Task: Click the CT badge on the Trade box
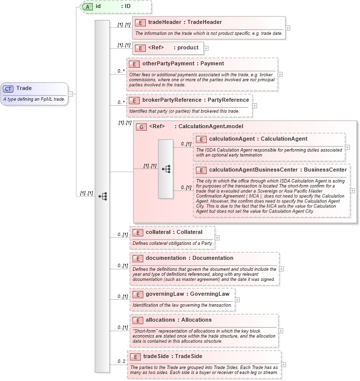tap(8, 89)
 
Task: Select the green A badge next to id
tap(87, 6)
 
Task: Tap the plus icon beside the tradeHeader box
tap(288, 27)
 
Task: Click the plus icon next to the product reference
tap(206, 48)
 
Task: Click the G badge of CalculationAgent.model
tap(142, 127)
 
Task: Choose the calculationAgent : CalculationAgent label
tap(258, 139)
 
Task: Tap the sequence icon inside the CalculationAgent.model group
tap(166, 169)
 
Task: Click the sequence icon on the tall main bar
tap(102, 196)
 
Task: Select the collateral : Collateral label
tap(174, 232)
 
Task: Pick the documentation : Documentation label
tap(189, 258)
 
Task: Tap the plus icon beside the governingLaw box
tap(237, 300)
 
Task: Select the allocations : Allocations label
tap(178, 320)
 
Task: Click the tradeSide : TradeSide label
tap(172, 357)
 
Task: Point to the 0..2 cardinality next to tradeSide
tap(121, 361)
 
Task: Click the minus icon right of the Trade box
tap(71, 93)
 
